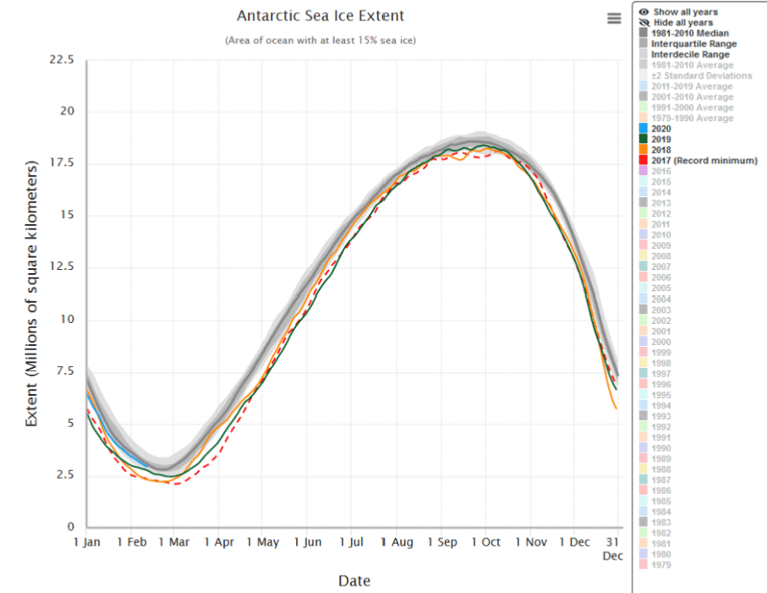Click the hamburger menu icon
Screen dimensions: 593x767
615,19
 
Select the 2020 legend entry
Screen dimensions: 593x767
660,129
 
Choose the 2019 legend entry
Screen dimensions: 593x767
660,140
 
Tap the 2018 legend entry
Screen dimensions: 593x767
660,150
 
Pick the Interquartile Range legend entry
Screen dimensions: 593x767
693,43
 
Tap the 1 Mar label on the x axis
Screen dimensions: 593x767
174,542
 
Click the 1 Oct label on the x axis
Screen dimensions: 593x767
485,542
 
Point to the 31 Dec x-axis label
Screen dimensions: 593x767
612,548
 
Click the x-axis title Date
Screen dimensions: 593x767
353,580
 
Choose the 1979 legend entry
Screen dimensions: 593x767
662,565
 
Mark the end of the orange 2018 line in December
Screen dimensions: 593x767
616,409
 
